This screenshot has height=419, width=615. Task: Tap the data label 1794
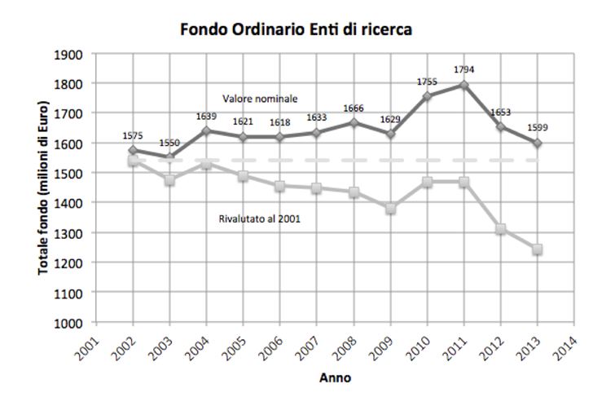(x=463, y=68)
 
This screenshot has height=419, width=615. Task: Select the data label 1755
(x=427, y=82)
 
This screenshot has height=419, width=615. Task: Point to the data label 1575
(x=132, y=136)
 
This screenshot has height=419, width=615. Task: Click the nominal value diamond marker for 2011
(x=463, y=85)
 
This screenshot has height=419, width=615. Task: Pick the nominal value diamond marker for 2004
(x=206, y=130)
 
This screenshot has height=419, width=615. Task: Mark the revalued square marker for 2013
(x=538, y=249)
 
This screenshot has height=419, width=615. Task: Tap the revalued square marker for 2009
(x=390, y=209)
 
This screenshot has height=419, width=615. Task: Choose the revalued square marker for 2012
(x=501, y=229)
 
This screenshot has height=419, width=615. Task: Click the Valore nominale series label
(x=260, y=99)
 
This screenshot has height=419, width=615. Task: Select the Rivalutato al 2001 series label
(x=255, y=218)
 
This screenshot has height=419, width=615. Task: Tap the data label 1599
(x=538, y=128)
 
